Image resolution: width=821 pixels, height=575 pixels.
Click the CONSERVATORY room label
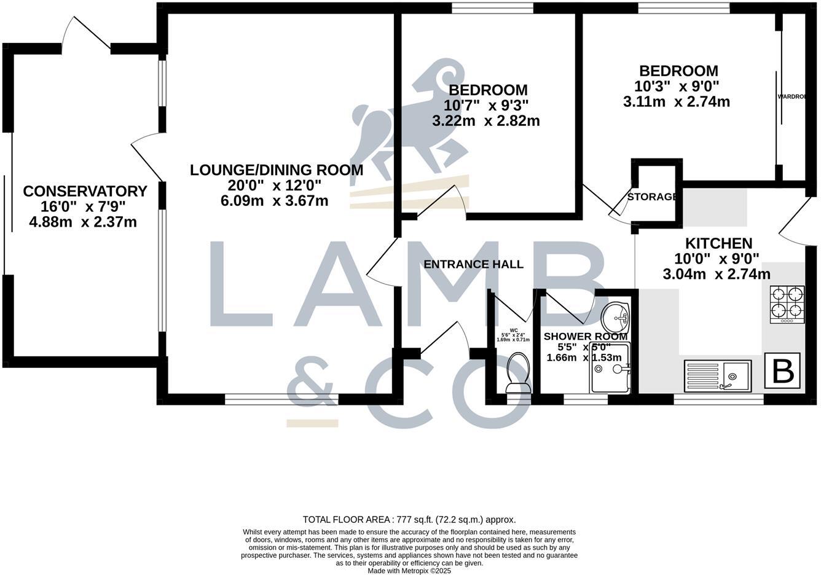coord(85,191)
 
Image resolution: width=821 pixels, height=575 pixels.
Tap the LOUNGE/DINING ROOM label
coord(276,170)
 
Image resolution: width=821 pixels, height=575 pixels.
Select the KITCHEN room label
coord(718,243)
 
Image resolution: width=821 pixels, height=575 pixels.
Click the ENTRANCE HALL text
coord(473,264)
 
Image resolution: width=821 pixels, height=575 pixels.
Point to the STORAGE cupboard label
coord(651,197)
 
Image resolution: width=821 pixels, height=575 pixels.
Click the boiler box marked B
coord(782,370)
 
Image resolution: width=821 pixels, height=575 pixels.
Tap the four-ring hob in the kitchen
coord(787,304)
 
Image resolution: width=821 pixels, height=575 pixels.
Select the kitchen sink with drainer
coord(717,375)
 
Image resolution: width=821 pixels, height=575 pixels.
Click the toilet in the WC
coord(517,373)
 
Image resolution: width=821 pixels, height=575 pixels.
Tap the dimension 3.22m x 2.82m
coord(485,121)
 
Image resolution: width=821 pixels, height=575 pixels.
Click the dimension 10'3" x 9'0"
coord(677,87)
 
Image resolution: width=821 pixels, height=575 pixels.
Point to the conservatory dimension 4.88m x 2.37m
coord(83,222)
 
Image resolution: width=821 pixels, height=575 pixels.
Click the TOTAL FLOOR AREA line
coord(409,519)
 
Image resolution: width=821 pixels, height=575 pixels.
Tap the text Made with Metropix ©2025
coord(409,571)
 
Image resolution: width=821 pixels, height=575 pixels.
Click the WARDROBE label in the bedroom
coord(791,96)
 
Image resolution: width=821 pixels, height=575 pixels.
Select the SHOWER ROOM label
coord(585,336)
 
